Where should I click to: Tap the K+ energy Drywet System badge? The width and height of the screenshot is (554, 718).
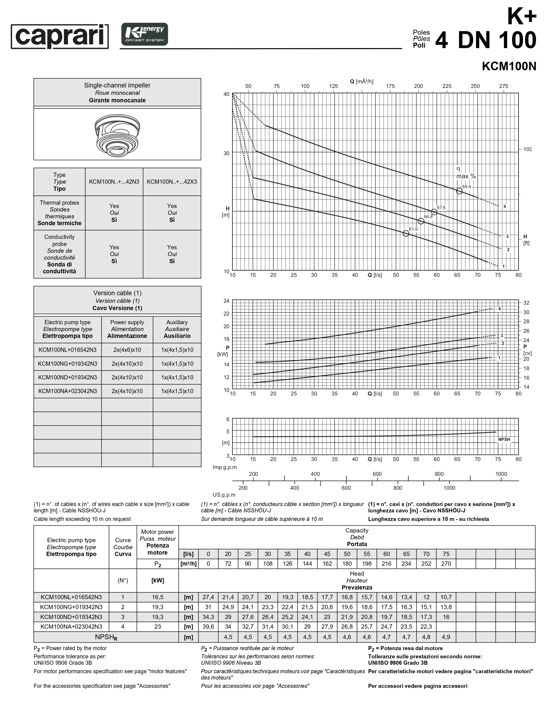click(x=145, y=34)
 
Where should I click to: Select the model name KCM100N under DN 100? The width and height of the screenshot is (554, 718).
click(x=509, y=66)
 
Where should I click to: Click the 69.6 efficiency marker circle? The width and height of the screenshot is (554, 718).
click(x=459, y=191)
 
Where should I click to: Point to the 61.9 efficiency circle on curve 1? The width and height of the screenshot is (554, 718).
click(x=406, y=233)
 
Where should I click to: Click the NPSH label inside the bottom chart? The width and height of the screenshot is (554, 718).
click(x=504, y=440)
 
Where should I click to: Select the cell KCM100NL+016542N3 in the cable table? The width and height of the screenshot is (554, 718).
click(x=67, y=350)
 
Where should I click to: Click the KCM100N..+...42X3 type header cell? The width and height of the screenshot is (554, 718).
click(x=172, y=182)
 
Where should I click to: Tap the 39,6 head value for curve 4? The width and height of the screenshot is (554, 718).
click(x=208, y=627)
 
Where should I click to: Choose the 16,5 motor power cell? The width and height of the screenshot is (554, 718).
click(x=158, y=597)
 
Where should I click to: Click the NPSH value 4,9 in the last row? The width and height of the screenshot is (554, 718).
click(x=446, y=637)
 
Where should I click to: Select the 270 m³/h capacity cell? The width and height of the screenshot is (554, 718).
click(x=446, y=564)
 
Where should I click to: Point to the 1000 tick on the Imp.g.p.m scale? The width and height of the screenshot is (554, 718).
click(x=501, y=474)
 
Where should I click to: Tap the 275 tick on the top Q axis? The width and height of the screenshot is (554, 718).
click(x=503, y=86)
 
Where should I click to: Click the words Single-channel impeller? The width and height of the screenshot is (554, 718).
click(x=117, y=85)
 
